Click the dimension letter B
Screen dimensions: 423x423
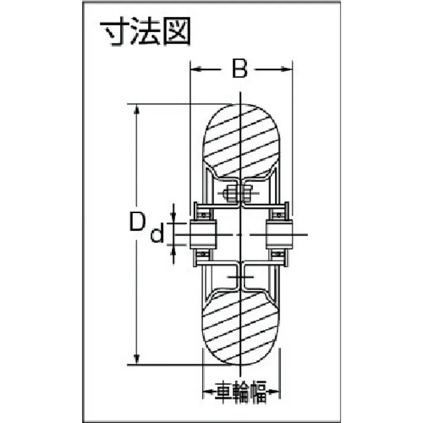pos(239,69)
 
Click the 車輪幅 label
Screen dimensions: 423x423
pos(241,392)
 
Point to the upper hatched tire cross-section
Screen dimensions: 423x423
pos(241,141)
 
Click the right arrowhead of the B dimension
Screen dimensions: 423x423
pos(289,69)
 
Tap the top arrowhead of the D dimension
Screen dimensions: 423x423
pos(137,110)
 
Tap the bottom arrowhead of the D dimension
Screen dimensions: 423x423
pos(137,359)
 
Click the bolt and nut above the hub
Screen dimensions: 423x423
pos(239,194)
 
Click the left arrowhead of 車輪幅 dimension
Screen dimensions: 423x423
pos(208,392)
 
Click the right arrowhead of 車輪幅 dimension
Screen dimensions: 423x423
pos(276,392)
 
